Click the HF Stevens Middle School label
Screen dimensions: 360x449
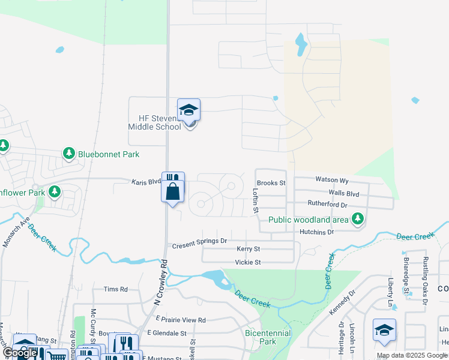[154, 122]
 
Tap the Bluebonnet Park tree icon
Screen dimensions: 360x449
[69, 154]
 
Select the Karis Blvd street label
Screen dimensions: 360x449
[146, 181]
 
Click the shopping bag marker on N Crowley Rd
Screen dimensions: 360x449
[173, 193]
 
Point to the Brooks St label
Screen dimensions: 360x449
[271, 182]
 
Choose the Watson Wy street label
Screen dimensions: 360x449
[331, 179]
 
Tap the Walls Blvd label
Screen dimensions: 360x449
[343, 193]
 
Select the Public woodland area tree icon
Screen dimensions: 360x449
[358, 219]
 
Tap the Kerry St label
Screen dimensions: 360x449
[248, 248]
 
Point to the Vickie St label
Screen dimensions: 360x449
[248, 262]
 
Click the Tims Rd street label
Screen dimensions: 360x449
[115, 289]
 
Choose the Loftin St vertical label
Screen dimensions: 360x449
[255, 200]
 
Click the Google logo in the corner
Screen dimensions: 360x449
[20, 353]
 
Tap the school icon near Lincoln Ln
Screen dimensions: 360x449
[384, 331]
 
